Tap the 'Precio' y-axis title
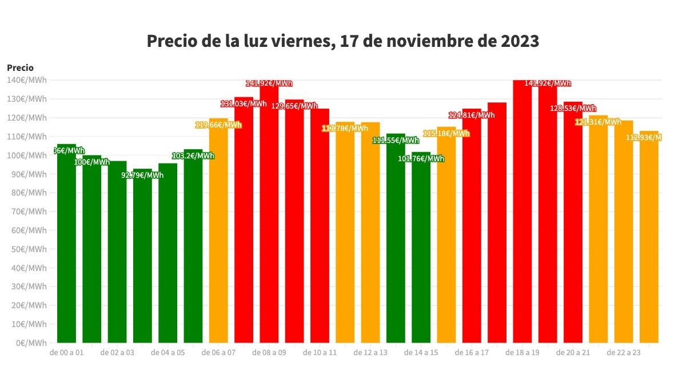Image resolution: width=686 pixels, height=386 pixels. point(20,67)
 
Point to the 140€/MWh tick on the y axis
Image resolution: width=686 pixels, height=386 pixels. point(27,80)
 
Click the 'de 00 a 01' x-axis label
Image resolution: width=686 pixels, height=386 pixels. point(67,353)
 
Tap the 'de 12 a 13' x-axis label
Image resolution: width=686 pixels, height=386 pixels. point(370,353)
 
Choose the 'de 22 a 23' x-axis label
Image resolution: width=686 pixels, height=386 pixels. point(624,353)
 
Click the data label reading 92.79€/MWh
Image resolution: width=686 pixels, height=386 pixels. point(142,175)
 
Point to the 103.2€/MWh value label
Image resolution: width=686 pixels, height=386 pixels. point(193,156)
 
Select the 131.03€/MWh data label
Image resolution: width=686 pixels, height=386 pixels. point(244,104)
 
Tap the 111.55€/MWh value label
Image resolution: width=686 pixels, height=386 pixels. point(396,140)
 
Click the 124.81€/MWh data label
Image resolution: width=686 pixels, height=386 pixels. point(472,115)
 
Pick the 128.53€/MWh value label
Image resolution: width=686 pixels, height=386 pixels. point(573,108)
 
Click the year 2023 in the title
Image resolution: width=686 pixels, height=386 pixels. point(518,42)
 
